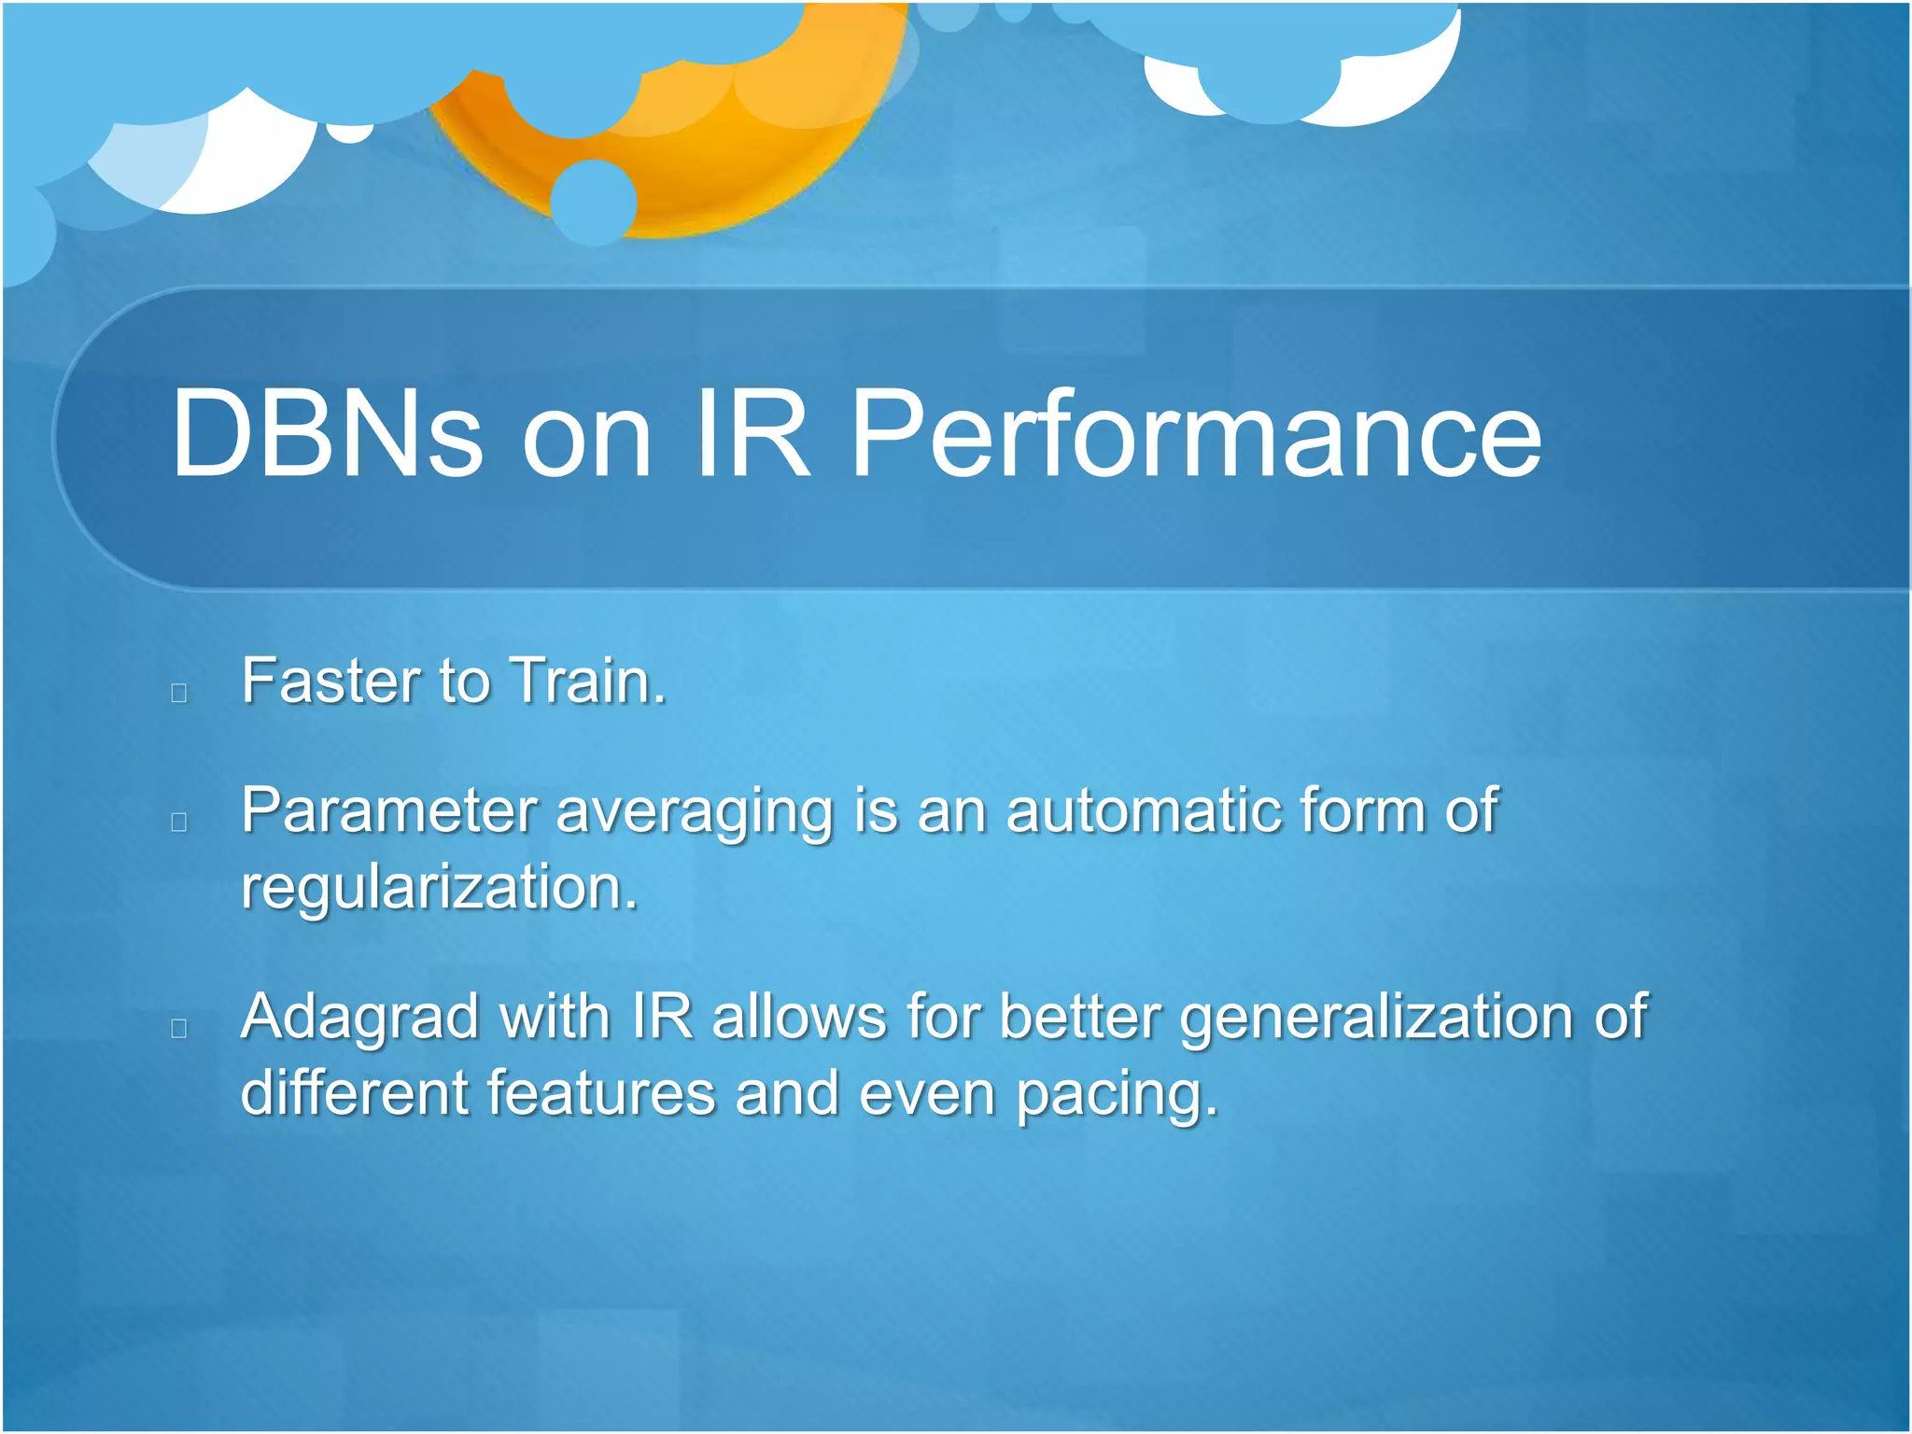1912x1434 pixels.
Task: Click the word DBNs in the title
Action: click(327, 434)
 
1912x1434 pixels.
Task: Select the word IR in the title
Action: click(751, 434)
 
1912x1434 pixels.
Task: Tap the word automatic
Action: click(1143, 809)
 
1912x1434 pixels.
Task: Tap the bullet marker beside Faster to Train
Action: click(179, 693)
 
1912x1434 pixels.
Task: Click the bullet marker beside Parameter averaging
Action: click(179, 822)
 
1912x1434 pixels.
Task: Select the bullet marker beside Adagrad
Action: click(179, 1029)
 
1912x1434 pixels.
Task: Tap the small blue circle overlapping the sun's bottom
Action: click(593, 202)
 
